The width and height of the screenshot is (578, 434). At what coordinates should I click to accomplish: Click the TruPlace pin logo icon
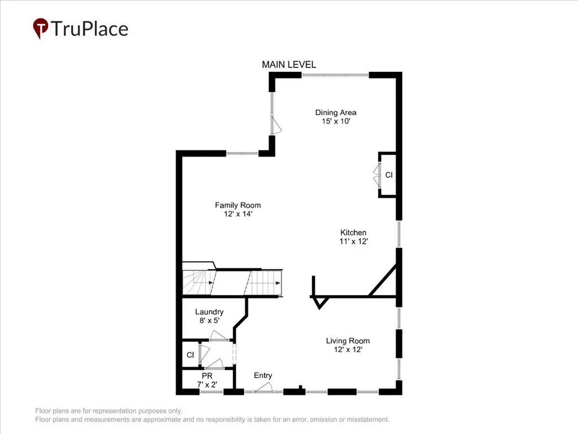[41, 28]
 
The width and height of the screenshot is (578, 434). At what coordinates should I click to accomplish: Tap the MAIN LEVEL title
[289, 64]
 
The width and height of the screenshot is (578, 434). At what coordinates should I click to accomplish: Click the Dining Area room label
[335, 112]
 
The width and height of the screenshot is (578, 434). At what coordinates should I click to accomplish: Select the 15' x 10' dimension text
[335, 121]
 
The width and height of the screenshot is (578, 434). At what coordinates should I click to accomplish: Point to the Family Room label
[238, 205]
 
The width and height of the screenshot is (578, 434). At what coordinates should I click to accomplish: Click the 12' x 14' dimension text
[238, 214]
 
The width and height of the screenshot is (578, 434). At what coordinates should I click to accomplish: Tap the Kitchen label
[353, 232]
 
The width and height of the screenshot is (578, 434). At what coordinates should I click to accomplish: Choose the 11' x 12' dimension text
[353, 241]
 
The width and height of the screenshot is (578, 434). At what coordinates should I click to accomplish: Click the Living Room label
[348, 341]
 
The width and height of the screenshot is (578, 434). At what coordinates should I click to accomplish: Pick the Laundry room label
[209, 312]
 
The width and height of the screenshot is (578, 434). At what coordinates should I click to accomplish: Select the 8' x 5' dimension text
[209, 321]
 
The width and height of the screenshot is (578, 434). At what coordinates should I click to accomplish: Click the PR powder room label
[207, 376]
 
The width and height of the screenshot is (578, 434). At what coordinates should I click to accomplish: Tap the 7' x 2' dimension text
[207, 384]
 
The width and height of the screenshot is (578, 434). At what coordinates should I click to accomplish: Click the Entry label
[263, 376]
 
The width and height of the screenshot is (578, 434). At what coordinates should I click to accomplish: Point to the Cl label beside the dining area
[389, 175]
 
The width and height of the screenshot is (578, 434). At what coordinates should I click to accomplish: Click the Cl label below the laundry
[190, 355]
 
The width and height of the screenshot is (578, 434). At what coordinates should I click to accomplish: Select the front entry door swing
[264, 387]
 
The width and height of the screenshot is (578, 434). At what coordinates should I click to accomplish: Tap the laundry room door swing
[219, 335]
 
